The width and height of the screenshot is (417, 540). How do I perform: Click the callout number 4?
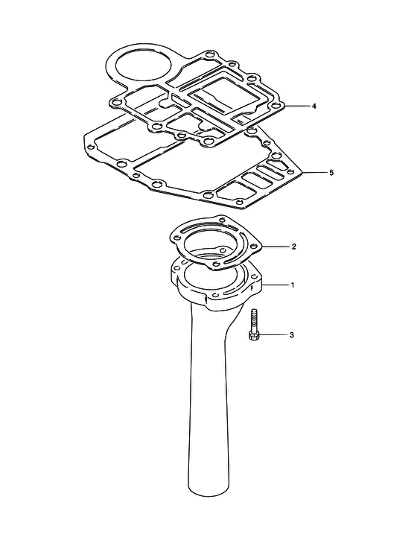click(x=313, y=106)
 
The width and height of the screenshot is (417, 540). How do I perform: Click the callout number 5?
click(x=331, y=173)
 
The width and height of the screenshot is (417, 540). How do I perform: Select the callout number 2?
click(x=293, y=247)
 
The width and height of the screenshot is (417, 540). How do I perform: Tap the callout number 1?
click(x=293, y=285)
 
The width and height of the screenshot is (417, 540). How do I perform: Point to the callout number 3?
click(x=291, y=334)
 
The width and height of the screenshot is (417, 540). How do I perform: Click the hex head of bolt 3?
click(x=253, y=336)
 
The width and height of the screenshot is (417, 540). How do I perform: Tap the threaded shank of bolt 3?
click(x=254, y=320)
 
